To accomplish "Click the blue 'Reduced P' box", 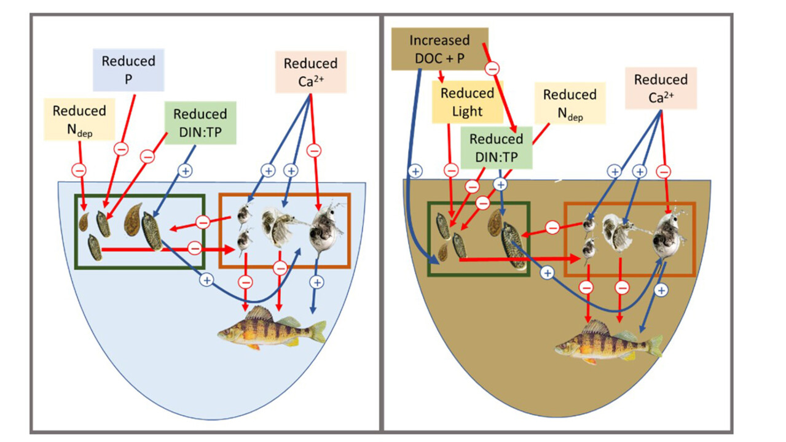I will [129, 70].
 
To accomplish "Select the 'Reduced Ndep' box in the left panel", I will [79, 120].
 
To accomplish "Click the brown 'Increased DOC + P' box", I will [439, 48].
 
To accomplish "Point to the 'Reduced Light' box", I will [467, 101].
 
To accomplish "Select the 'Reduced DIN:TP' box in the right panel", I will [496, 148].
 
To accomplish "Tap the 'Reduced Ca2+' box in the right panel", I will [661, 88].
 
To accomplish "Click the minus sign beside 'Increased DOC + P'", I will [492, 69].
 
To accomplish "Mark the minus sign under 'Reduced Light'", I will [451, 170].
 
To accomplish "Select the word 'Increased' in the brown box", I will [439, 41].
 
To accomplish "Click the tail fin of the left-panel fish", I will [317, 331].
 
